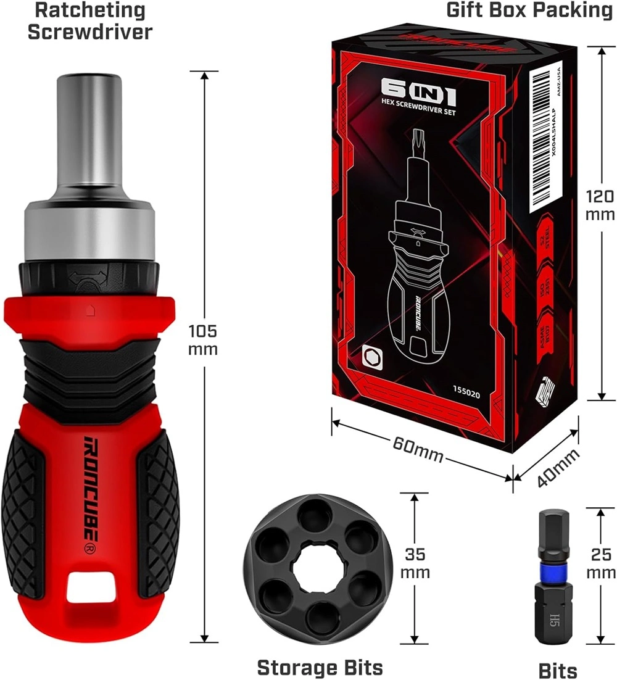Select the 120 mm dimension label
(600, 205)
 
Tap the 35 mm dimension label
(415, 562)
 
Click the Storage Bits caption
(320, 667)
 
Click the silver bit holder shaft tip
(90, 93)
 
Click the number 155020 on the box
(470, 390)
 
